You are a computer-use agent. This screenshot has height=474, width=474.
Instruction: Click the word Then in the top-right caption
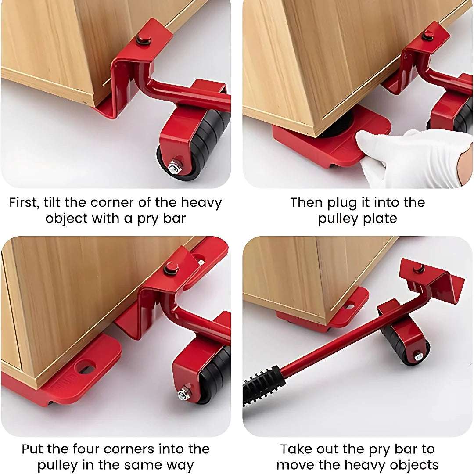point(306,203)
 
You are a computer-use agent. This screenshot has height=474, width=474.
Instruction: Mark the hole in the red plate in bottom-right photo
point(350,305)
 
